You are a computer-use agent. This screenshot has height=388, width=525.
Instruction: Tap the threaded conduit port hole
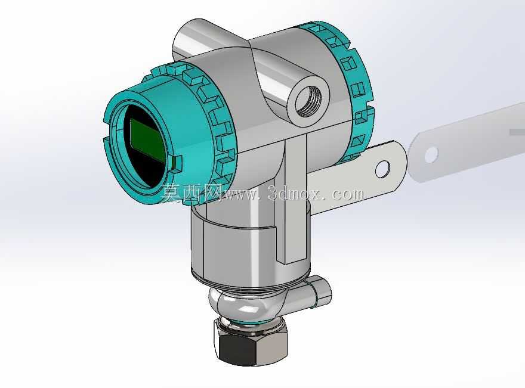[308, 100]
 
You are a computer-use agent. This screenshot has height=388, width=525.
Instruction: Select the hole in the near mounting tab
[382, 169]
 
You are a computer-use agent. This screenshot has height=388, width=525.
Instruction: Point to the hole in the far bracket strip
[431, 154]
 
